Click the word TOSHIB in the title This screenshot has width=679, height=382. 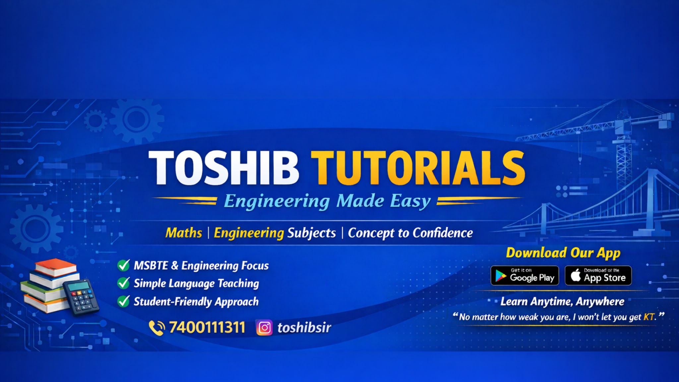(x=224, y=167)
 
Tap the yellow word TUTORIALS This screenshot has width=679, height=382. (x=418, y=167)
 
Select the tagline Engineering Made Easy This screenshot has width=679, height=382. (x=327, y=201)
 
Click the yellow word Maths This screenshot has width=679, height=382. (x=184, y=233)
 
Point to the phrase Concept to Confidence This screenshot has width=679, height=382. (x=410, y=233)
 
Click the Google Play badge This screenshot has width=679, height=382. (x=525, y=276)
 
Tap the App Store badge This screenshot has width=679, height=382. (x=598, y=276)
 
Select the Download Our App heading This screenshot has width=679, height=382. (x=563, y=253)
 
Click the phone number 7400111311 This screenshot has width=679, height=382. (x=207, y=328)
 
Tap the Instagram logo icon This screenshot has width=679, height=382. (x=264, y=328)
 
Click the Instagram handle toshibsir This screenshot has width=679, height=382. (x=304, y=328)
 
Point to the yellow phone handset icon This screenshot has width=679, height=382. (x=156, y=328)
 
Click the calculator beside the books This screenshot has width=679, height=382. (x=81, y=297)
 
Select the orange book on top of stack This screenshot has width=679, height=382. (x=56, y=267)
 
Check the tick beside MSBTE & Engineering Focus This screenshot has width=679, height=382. (x=123, y=265)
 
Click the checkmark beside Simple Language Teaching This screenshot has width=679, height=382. (x=123, y=283)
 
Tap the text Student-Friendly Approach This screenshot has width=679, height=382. (x=196, y=302)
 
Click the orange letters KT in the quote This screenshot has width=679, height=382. (x=649, y=317)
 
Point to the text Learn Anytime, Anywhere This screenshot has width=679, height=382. (x=562, y=301)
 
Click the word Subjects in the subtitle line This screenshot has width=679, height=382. (x=311, y=233)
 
